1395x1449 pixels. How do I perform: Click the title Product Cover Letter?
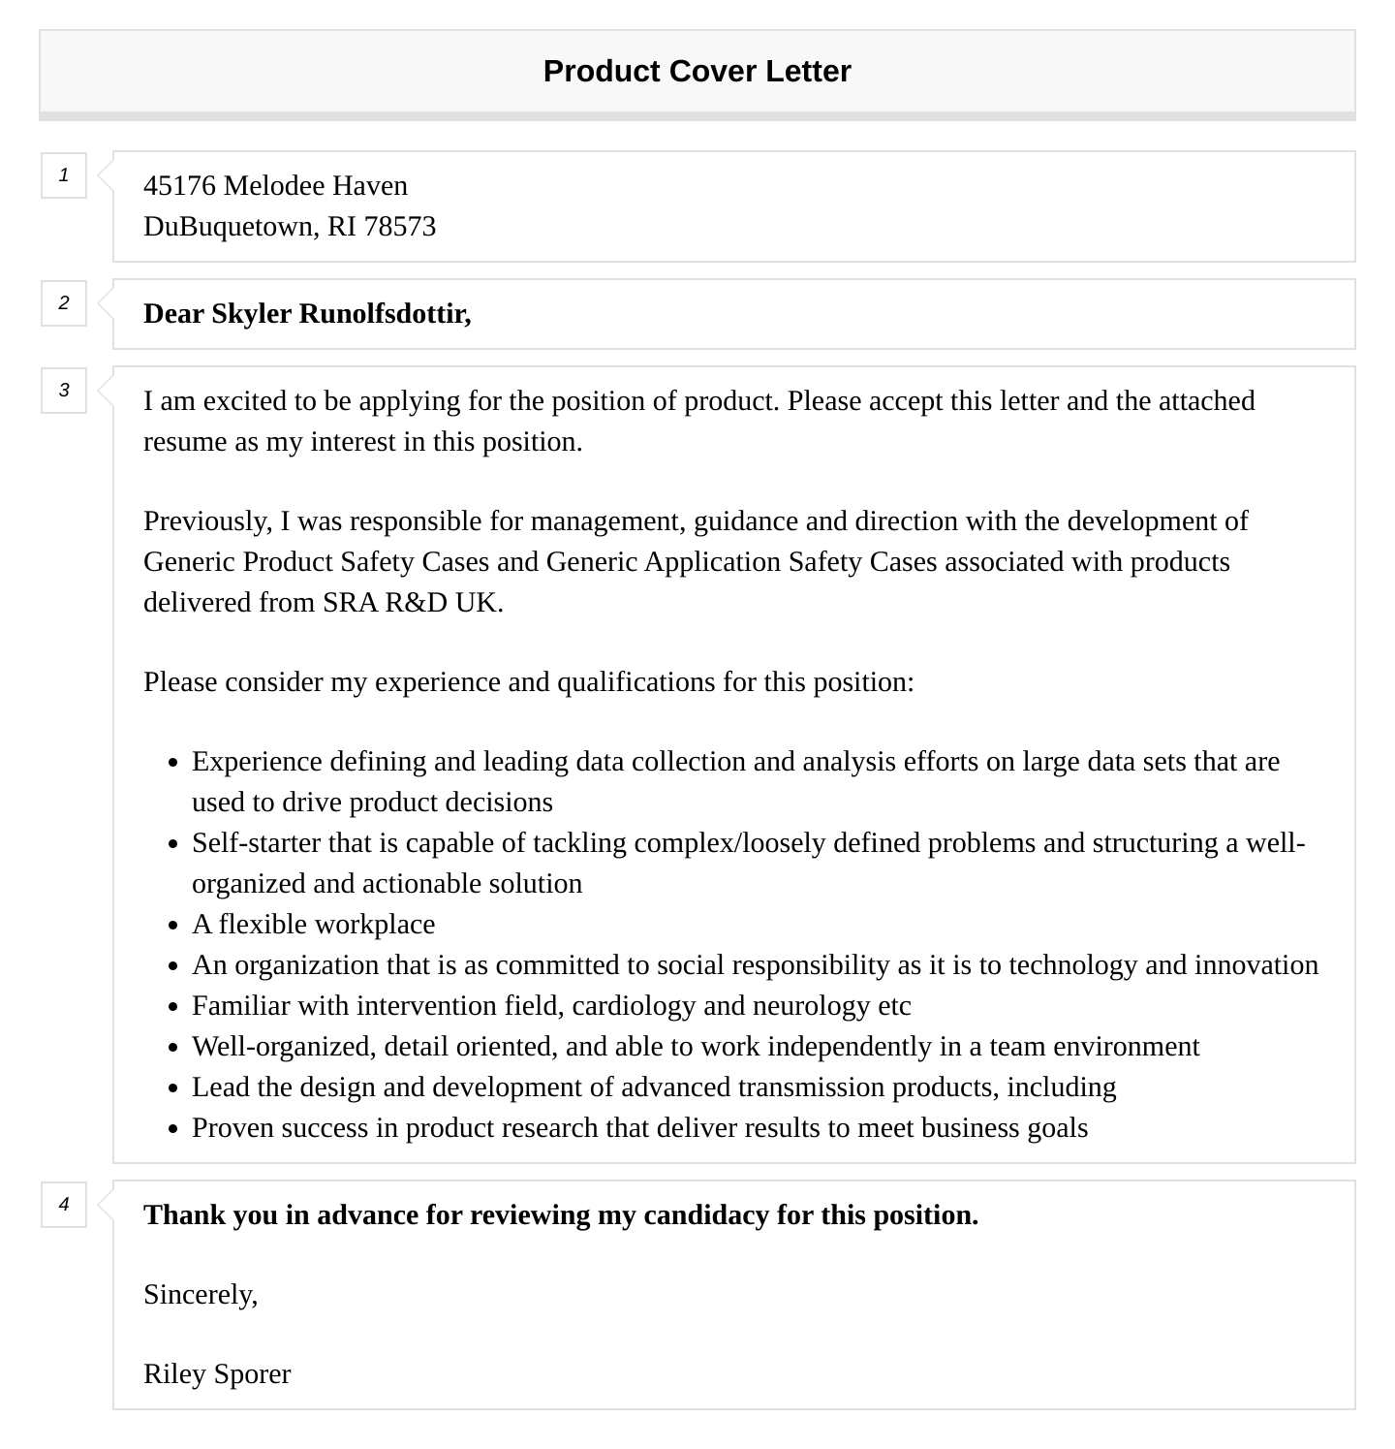click(697, 72)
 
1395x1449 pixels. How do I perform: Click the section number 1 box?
click(64, 175)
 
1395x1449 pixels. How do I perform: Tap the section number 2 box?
click(64, 303)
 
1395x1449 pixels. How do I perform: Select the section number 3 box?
click(64, 391)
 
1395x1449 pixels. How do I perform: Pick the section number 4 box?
click(64, 1205)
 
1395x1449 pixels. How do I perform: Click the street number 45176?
click(179, 186)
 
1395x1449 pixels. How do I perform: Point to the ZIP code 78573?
click(399, 227)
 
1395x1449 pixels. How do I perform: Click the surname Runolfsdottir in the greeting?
click(385, 314)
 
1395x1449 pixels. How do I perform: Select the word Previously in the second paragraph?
click(206, 521)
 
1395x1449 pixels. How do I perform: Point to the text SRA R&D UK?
click(412, 603)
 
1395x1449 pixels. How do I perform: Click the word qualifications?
click(635, 682)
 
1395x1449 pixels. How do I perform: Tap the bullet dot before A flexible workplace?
click(173, 926)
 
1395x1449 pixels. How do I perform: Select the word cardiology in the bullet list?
click(634, 1006)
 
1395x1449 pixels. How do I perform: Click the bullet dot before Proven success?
click(173, 1129)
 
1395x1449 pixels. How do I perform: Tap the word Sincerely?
click(200, 1295)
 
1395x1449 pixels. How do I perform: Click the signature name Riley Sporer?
click(217, 1374)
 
